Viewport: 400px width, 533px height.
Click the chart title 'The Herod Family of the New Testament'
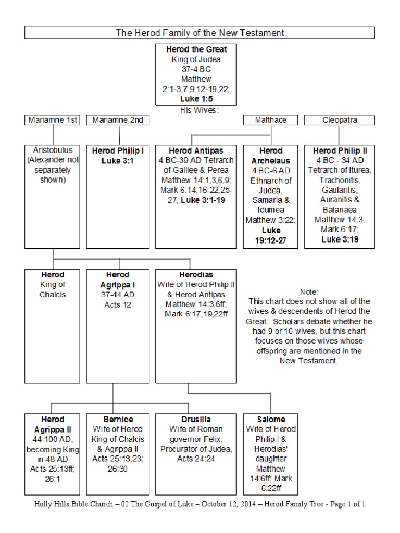pos(199,33)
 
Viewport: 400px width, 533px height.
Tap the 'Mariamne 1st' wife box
pos(52,120)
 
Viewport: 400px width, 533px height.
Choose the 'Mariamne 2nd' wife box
pos(118,120)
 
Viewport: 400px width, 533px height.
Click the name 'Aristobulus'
pos(52,150)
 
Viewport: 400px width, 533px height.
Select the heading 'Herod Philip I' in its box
pos(118,150)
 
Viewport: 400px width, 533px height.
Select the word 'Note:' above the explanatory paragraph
pos(309,291)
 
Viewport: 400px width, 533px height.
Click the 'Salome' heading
pos(271,419)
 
